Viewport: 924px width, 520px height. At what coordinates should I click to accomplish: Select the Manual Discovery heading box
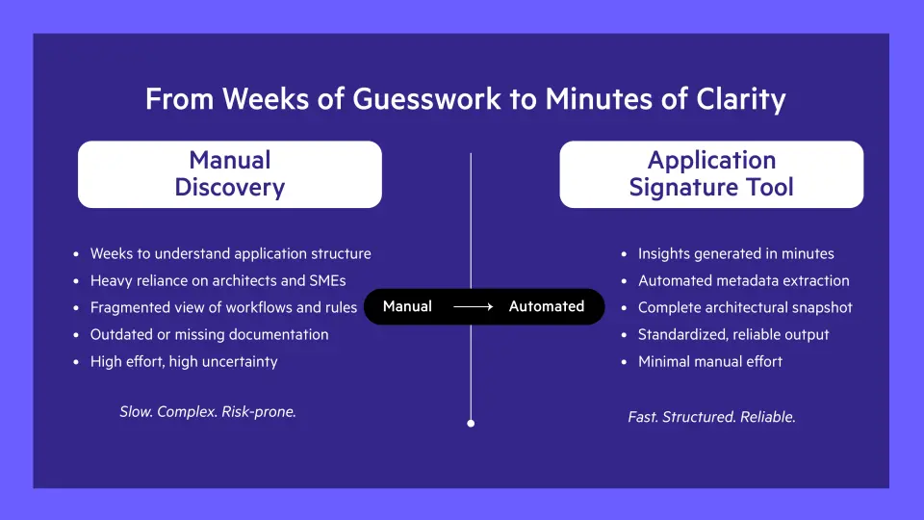click(x=229, y=174)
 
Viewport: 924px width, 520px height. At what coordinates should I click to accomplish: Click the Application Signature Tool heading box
click(x=711, y=174)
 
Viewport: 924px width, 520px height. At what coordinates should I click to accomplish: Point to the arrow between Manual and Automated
click(x=473, y=307)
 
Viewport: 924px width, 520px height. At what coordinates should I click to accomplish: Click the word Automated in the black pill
click(x=547, y=306)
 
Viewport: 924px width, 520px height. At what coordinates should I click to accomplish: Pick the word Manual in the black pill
click(x=407, y=306)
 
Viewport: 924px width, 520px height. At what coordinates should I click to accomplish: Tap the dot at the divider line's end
click(x=471, y=423)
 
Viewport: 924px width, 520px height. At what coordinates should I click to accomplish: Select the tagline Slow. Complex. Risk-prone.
click(x=208, y=411)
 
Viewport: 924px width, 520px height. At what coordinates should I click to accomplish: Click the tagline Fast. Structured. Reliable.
click(x=711, y=417)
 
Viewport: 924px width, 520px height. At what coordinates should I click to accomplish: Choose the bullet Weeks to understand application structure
click(x=230, y=254)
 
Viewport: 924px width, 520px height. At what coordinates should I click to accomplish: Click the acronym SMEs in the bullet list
click(x=326, y=281)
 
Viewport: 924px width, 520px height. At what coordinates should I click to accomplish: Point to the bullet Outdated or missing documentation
click(x=209, y=335)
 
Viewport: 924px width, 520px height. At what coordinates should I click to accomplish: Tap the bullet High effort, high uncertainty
click(x=184, y=362)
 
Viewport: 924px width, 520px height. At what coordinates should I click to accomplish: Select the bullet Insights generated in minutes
click(x=735, y=254)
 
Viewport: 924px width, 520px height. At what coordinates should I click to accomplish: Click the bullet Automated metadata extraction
click(x=743, y=281)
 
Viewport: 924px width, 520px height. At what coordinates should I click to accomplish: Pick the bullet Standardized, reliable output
click(x=733, y=335)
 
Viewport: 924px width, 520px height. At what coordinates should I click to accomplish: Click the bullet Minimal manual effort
click(x=709, y=362)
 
